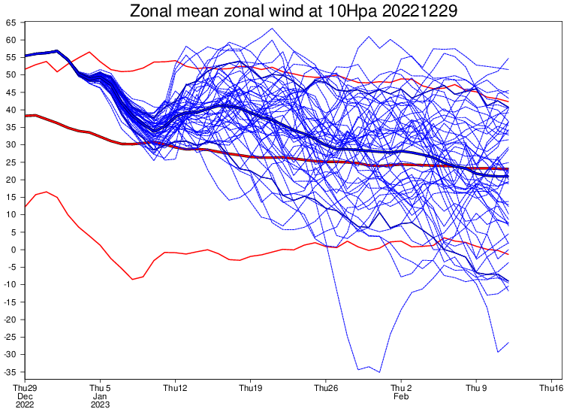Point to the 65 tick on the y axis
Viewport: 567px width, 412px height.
click(x=11, y=23)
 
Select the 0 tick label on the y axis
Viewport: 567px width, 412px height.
click(x=14, y=250)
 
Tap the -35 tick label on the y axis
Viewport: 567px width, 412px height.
click(x=10, y=371)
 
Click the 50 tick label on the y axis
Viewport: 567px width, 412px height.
click(x=11, y=75)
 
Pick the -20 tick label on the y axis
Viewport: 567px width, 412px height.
click(x=10, y=320)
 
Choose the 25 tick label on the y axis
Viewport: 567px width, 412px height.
click(x=11, y=162)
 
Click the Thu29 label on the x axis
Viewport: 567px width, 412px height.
click(x=26, y=388)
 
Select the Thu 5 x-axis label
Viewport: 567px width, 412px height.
click(x=100, y=388)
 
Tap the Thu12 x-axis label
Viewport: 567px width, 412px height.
click(x=175, y=388)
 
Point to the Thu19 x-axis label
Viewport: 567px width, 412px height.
click(x=250, y=388)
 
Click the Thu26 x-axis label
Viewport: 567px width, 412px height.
click(x=326, y=388)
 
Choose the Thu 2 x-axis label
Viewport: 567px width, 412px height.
click(x=401, y=388)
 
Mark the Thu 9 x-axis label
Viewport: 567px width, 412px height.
click(x=476, y=388)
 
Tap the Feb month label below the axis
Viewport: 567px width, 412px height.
click(x=401, y=396)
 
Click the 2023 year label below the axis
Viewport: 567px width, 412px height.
click(x=100, y=404)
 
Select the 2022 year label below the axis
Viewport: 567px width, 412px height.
click(x=26, y=404)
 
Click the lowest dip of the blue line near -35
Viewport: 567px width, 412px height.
click(x=379, y=371)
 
